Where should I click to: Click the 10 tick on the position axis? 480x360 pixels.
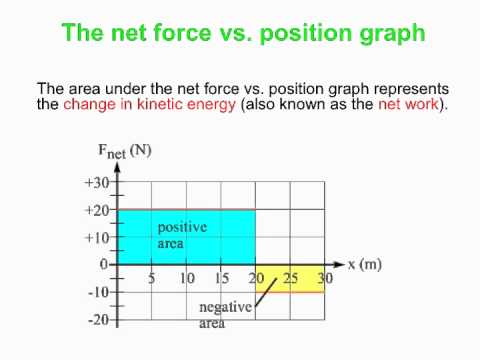pos(187,277)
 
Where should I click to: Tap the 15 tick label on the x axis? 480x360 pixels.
pos(221,277)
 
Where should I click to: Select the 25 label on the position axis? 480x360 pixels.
pos(290,277)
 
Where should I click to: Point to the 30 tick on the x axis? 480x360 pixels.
pos(323,277)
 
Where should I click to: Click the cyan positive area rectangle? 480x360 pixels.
pos(187,237)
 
